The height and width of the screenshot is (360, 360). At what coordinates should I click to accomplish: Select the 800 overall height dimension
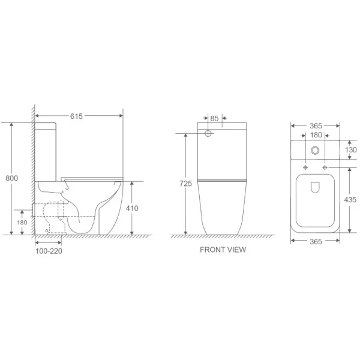[x=11, y=178]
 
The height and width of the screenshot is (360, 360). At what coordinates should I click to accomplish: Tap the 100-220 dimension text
[x=49, y=251]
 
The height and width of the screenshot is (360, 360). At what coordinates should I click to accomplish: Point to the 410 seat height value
[x=133, y=208]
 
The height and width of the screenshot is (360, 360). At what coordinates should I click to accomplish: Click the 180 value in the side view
[x=23, y=223]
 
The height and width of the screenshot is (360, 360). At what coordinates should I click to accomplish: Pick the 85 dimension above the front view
[x=215, y=119]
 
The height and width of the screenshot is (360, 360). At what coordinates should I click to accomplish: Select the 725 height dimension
[x=187, y=184]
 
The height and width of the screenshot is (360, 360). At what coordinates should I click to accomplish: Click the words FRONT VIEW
[x=223, y=250]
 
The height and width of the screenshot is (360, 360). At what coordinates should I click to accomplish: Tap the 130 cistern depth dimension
[x=351, y=149]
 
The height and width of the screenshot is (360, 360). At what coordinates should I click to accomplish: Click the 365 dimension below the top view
[x=316, y=241]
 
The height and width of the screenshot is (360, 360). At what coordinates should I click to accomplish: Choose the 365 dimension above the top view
[x=316, y=126]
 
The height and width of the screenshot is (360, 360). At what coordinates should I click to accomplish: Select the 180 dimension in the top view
[x=316, y=136]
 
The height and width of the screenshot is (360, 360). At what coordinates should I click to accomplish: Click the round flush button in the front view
[x=208, y=133]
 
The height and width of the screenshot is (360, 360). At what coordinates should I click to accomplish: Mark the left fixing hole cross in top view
[x=306, y=166]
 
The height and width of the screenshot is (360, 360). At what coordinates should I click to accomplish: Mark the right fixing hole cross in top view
[x=325, y=166]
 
